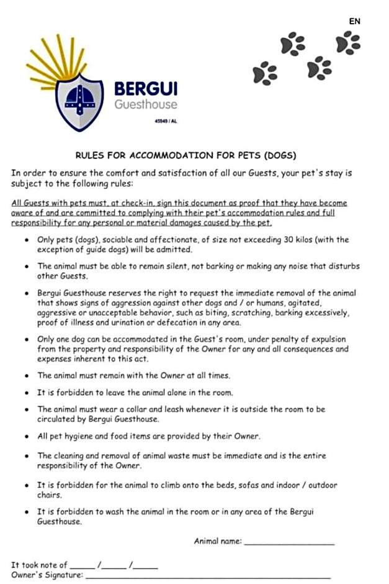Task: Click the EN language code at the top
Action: [354, 21]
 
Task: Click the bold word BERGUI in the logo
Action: [146, 89]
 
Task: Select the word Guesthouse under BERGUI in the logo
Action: [146, 104]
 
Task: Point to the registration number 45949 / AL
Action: [166, 121]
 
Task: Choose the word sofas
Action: [251, 485]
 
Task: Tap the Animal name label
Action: [218, 541]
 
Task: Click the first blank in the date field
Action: [82, 566]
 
